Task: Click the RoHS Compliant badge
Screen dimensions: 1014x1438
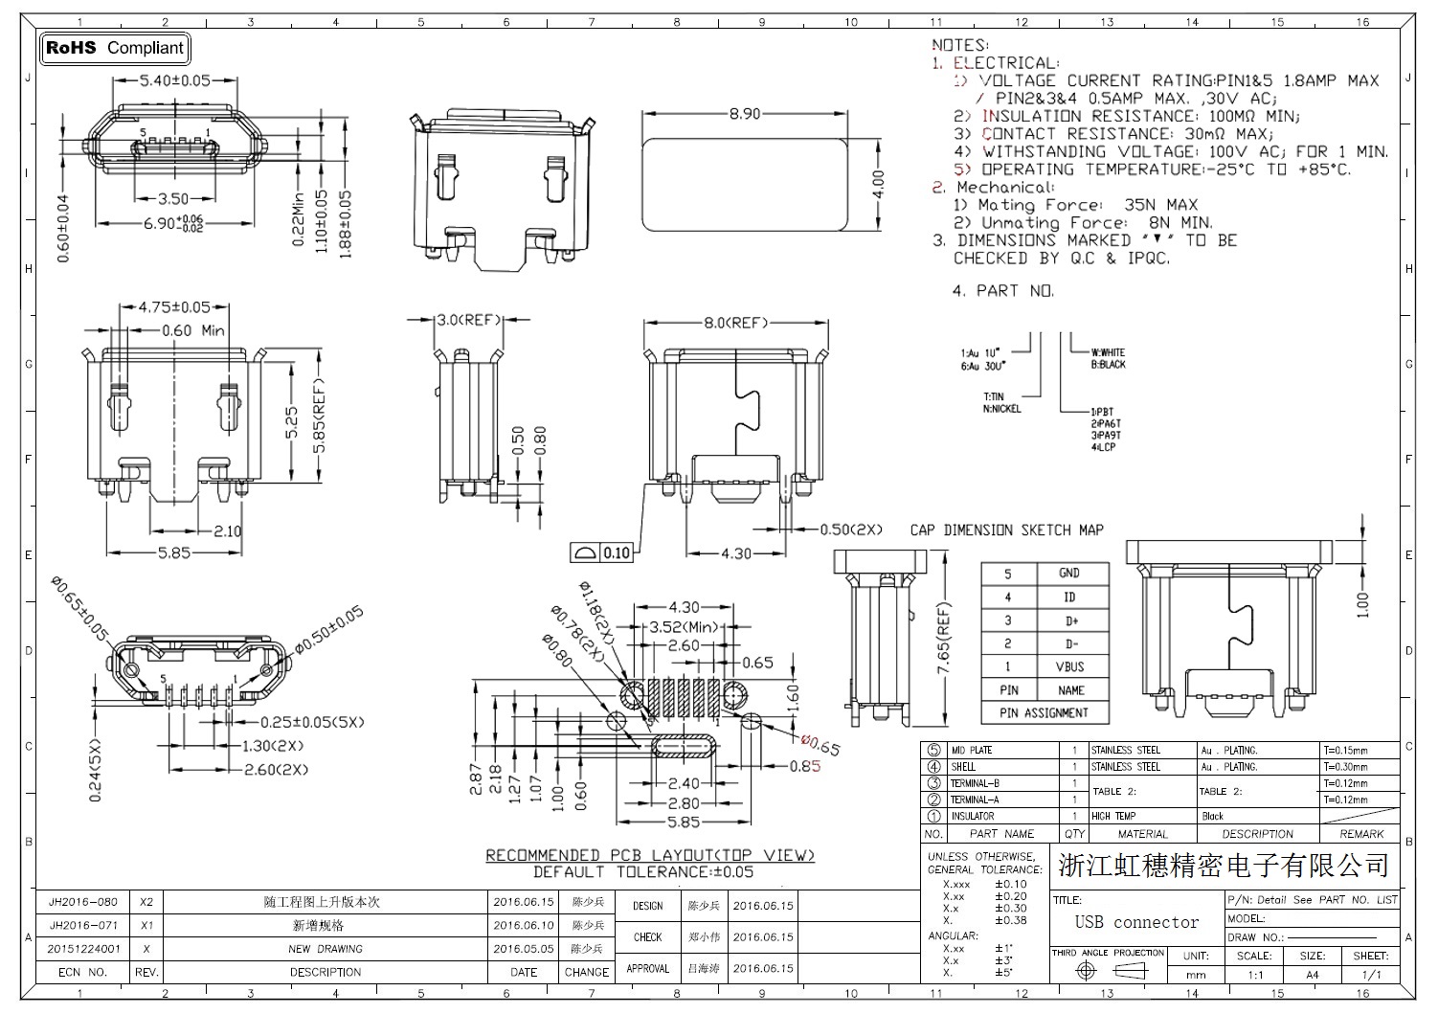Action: click(x=115, y=48)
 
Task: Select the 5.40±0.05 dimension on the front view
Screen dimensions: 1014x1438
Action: click(x=175, y=80)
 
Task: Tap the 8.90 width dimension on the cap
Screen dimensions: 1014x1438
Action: click(x=744, y=114)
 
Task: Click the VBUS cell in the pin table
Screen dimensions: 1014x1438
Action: click(x=1071, y=667)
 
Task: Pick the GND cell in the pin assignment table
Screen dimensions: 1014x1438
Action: click(x=1069, y=574)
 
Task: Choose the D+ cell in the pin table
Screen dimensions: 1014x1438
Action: click(x=1071, y=620)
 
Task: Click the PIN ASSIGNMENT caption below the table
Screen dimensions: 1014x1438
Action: click(x=1044, y=713)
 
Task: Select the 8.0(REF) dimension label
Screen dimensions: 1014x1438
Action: click(x=736, y=323)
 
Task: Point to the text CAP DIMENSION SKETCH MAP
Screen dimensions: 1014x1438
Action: click(x=1006, y=530)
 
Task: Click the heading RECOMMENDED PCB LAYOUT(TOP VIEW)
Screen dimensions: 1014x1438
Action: click(x=650, y=855)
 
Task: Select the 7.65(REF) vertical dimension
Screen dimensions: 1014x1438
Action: click(x=945, y=639)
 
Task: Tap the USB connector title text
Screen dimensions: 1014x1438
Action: click(x=1136, y=922)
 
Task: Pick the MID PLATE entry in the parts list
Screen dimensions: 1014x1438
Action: click(x=972, y=751)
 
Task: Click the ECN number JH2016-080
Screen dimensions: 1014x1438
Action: click(x=83, y=902)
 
